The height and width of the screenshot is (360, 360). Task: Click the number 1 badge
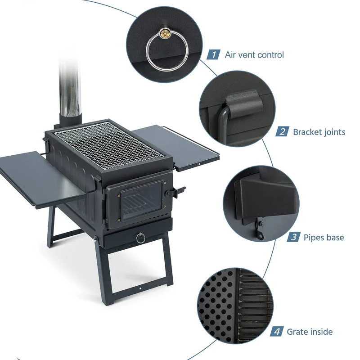213,54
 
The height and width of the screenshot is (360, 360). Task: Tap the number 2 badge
282,132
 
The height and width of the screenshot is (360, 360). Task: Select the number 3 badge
294,237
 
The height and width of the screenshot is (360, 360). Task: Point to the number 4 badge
277,332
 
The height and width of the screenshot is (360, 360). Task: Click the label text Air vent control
254,55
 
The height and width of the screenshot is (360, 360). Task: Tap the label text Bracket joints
319,132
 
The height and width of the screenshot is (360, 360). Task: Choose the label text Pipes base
324,237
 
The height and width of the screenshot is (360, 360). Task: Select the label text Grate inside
310,332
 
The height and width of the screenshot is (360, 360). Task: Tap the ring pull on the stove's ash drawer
140,238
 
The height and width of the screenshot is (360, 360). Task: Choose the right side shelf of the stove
176,147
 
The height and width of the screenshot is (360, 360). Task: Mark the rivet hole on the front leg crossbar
140,288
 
